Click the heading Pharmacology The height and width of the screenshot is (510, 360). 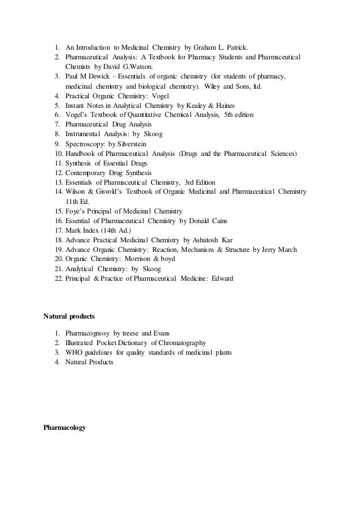click(64, 428)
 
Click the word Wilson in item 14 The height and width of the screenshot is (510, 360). click(76, 192)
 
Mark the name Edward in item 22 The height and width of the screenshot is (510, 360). click(222, 278)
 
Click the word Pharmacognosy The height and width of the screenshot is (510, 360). click(87, 333)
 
